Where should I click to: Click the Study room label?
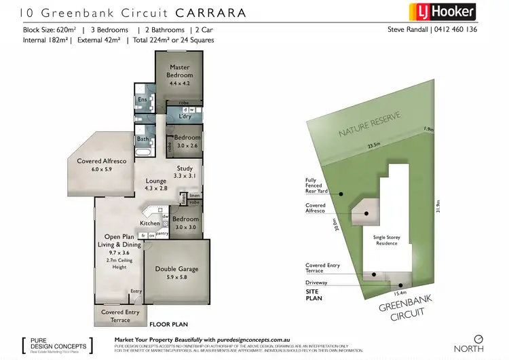point(186,172)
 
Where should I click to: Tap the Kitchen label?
point(150,223)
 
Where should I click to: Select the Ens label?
point(142,101)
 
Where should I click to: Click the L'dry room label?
point(185,117)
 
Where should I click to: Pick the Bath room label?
point(143,139)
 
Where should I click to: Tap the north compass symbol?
point(478,338)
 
